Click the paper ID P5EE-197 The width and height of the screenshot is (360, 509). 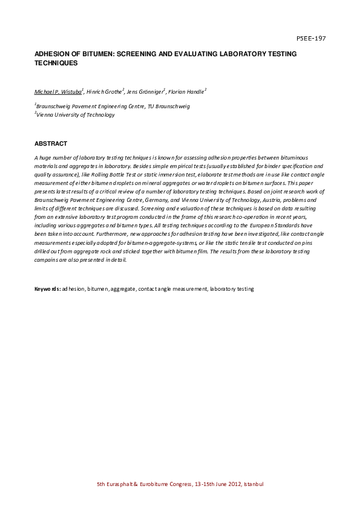311,38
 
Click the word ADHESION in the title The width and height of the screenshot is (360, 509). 52,54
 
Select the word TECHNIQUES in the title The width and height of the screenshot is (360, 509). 56,62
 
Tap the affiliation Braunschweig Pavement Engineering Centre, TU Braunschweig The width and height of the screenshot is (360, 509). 113,106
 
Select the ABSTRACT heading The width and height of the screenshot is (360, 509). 51,143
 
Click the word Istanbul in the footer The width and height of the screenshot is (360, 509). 254,484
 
